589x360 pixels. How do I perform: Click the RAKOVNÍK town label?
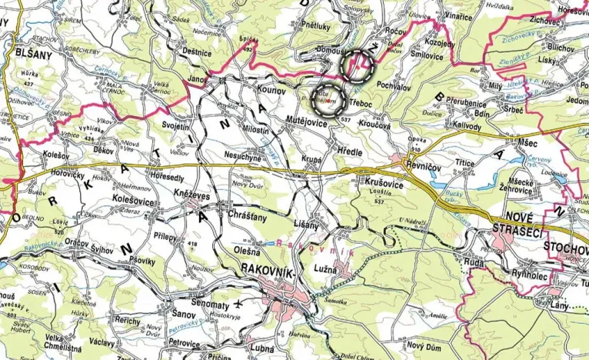(266, 268)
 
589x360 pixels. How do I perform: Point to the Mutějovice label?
(306, 122)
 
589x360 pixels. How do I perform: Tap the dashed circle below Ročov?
(358, 66)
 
